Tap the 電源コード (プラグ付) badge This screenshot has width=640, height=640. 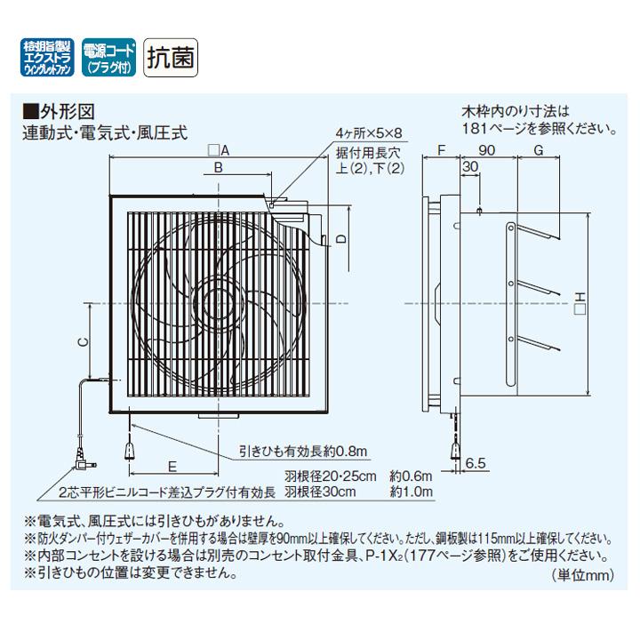point(108,58)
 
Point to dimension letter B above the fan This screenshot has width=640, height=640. point(218,166)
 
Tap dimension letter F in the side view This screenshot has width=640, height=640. point(440,150)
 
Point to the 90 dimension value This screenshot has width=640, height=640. point(486,150)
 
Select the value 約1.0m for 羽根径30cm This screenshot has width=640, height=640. point(412,492)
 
